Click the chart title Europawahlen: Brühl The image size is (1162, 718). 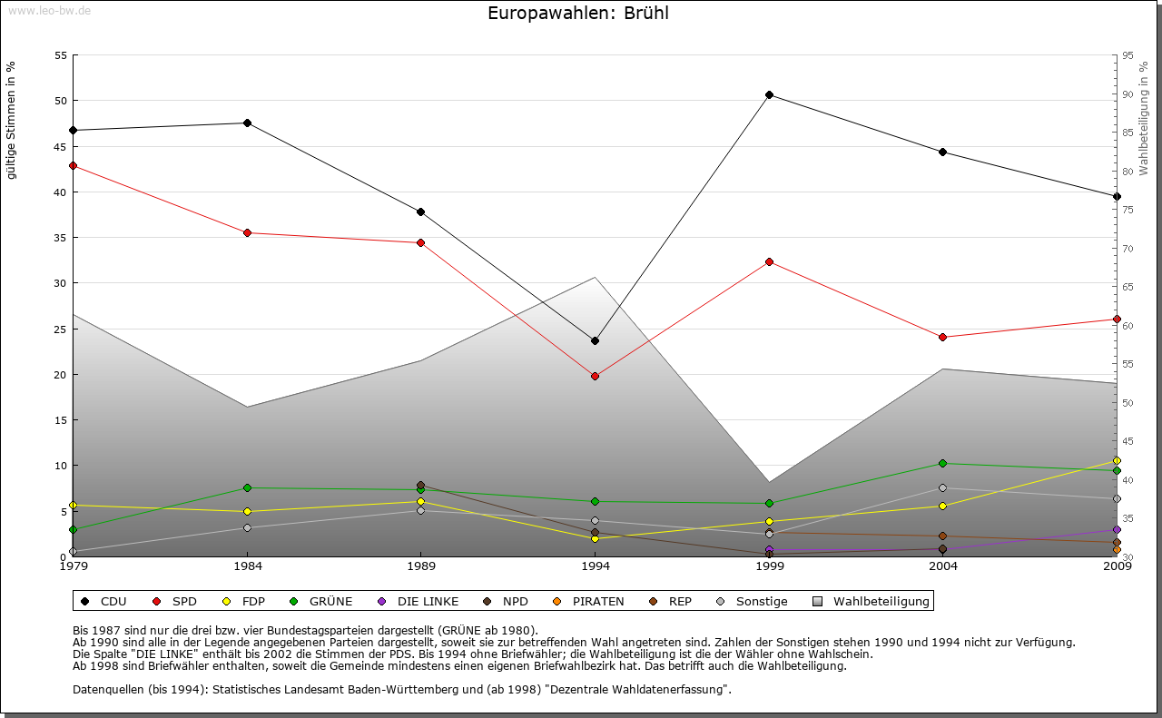click(x=578, y=14)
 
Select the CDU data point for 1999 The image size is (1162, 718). click(x=769, y=94)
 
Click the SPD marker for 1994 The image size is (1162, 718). click(x=595, y=376)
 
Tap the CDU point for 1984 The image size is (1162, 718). click(x=247, y=123)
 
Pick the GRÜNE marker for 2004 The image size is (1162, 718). click(x=943, y=463)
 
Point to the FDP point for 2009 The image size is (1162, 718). click(x=1117, y=460)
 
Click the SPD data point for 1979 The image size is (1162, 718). click(x=73, y=165)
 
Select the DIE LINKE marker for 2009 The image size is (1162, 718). click(x=1117, y=529)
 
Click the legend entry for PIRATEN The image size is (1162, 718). click(x=589, y=601)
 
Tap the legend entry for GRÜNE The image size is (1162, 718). click(x=321, y=601)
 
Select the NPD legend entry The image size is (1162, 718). click(x=506, y=601)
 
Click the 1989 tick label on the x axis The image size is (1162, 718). click(x=420, y=567)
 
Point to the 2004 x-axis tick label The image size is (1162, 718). click(x=943, y=567)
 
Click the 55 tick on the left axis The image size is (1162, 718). click(x=61, y=55)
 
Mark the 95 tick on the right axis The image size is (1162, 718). click(x=1128, y=55)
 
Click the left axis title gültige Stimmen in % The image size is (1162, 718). click(x=12, y=121)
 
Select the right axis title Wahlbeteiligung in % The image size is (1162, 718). click(x=1144, y=119)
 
